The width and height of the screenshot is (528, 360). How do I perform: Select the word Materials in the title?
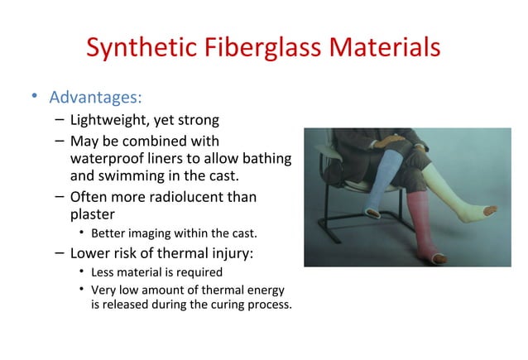click(x=387, y=47)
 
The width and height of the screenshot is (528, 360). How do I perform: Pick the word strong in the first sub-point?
click(x=199, y=122)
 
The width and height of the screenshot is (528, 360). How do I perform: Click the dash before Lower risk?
click(x=60, y=253)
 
